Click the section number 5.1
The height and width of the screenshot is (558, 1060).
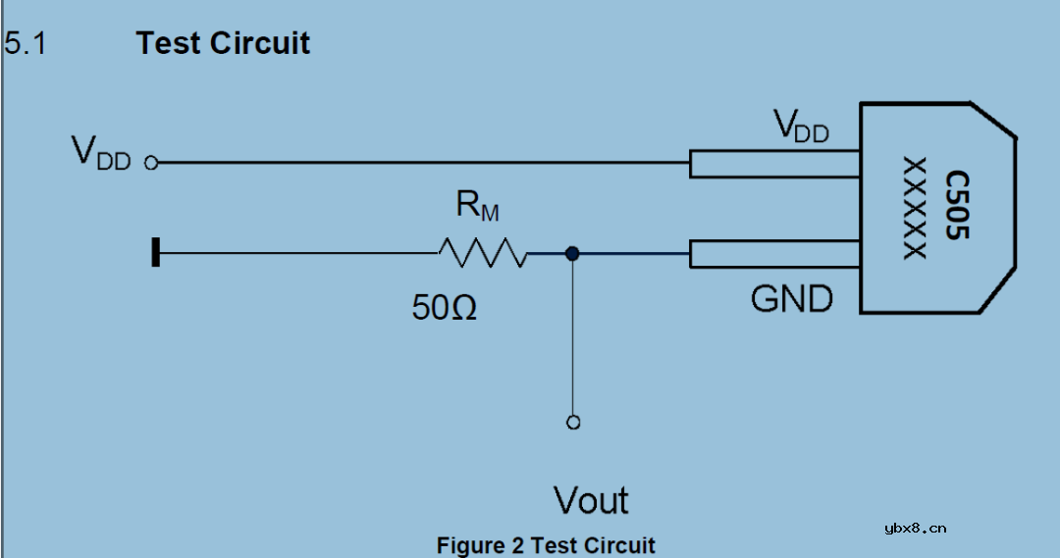[26, 44]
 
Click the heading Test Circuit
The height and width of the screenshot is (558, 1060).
[223, 44]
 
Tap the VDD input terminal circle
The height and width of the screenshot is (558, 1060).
[151, 164]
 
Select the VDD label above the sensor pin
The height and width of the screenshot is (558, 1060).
[801, 127]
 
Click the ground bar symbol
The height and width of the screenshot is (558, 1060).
[155, 254]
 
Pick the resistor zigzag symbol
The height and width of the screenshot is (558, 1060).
[483, 253]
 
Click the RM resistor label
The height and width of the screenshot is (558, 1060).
[477, 206]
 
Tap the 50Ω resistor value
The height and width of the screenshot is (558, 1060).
[445, 308]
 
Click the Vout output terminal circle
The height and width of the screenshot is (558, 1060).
[573, 423]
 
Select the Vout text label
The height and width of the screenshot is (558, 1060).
[591, 500]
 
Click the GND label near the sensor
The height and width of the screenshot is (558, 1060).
[791, 298]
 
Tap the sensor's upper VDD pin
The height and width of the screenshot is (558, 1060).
[774, 164]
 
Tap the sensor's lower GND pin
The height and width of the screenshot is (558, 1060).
[774, 254]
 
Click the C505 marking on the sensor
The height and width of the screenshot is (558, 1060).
[957, 207]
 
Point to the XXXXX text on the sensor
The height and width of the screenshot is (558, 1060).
[915, 208]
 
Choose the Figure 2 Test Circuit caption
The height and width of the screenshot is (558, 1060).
[546, 545]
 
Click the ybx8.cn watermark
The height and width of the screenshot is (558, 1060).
[915, 528]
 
